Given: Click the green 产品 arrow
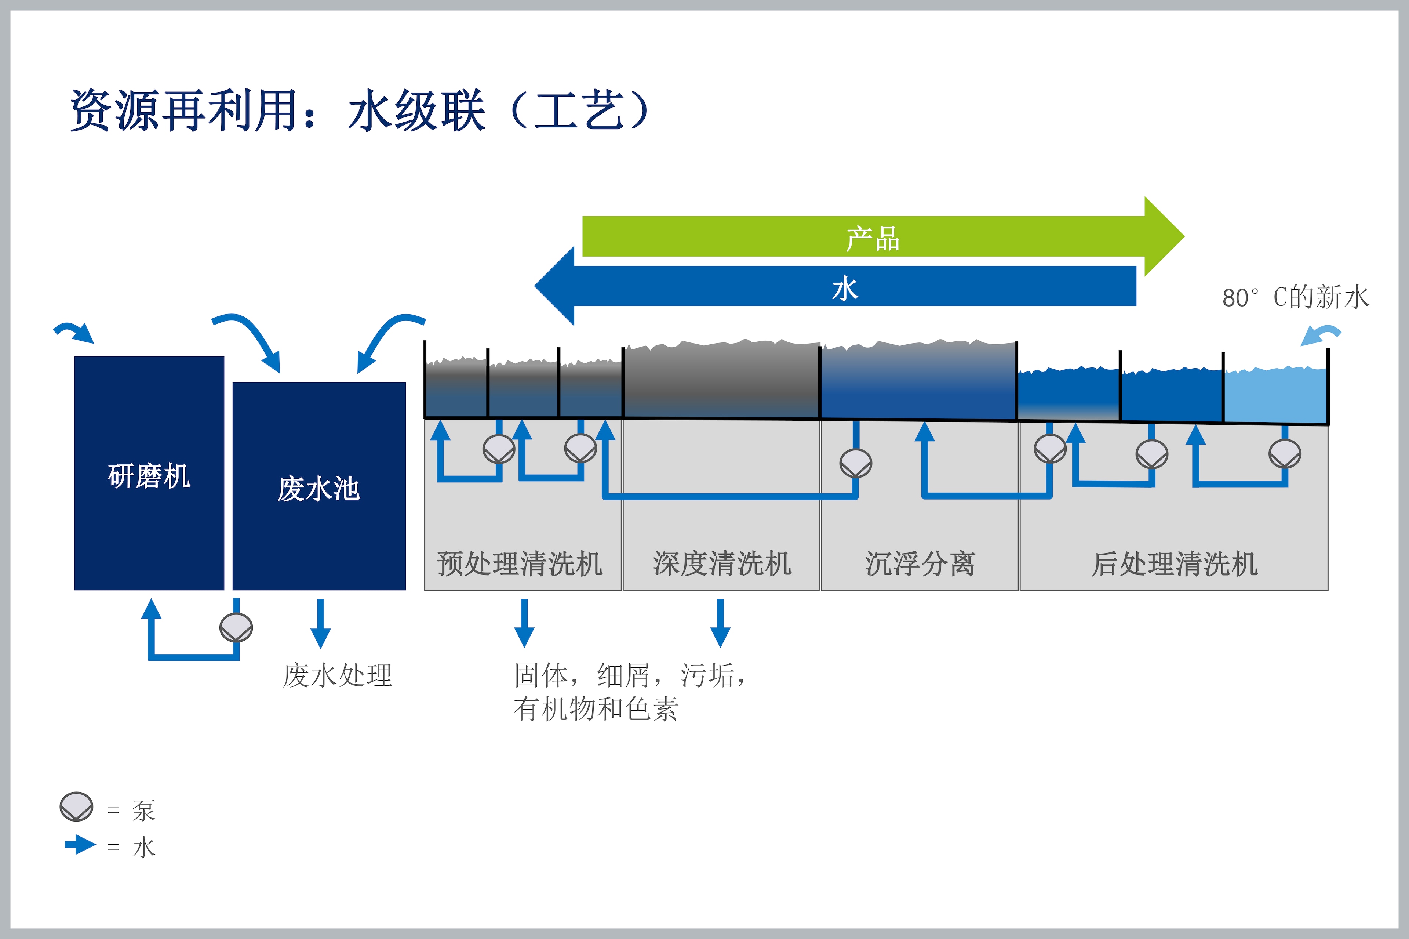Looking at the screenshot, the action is (x=883, y=236).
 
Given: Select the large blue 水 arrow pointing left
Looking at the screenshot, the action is (x=835, y=286).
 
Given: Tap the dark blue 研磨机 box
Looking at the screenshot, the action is (x=149, y=473).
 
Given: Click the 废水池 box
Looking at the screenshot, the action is (x=319, y=486).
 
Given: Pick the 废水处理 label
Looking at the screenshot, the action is (x=338, y=675).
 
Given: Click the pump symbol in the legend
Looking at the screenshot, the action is (x=77, y=806).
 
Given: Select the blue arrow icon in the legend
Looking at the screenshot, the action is (x=80, y=845).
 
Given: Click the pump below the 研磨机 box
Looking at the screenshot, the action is (x=236, y=628).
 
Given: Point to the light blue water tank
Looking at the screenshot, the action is (x=1275, y=395).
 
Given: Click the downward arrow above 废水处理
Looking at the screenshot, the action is (x=321, y=623).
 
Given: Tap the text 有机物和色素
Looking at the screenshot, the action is (x=596, y=709).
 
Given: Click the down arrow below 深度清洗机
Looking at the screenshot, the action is (x=720, y=623).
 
